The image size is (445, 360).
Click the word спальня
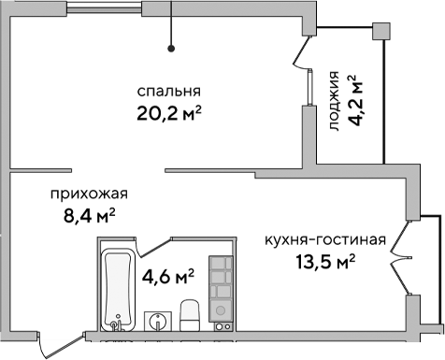pyautogui.click(x=169, y=92)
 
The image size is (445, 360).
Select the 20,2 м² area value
pyautogui.click(x=169, y=115)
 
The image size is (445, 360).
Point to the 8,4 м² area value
pyautogui.click(x=83, y=218)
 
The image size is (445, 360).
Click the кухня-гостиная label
pyautogui.click(x=324, y=239)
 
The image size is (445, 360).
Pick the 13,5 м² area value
pyautogui.click(x=324, y=262)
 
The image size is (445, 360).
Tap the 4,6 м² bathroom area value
pyautogui.click(x=167, y=277)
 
